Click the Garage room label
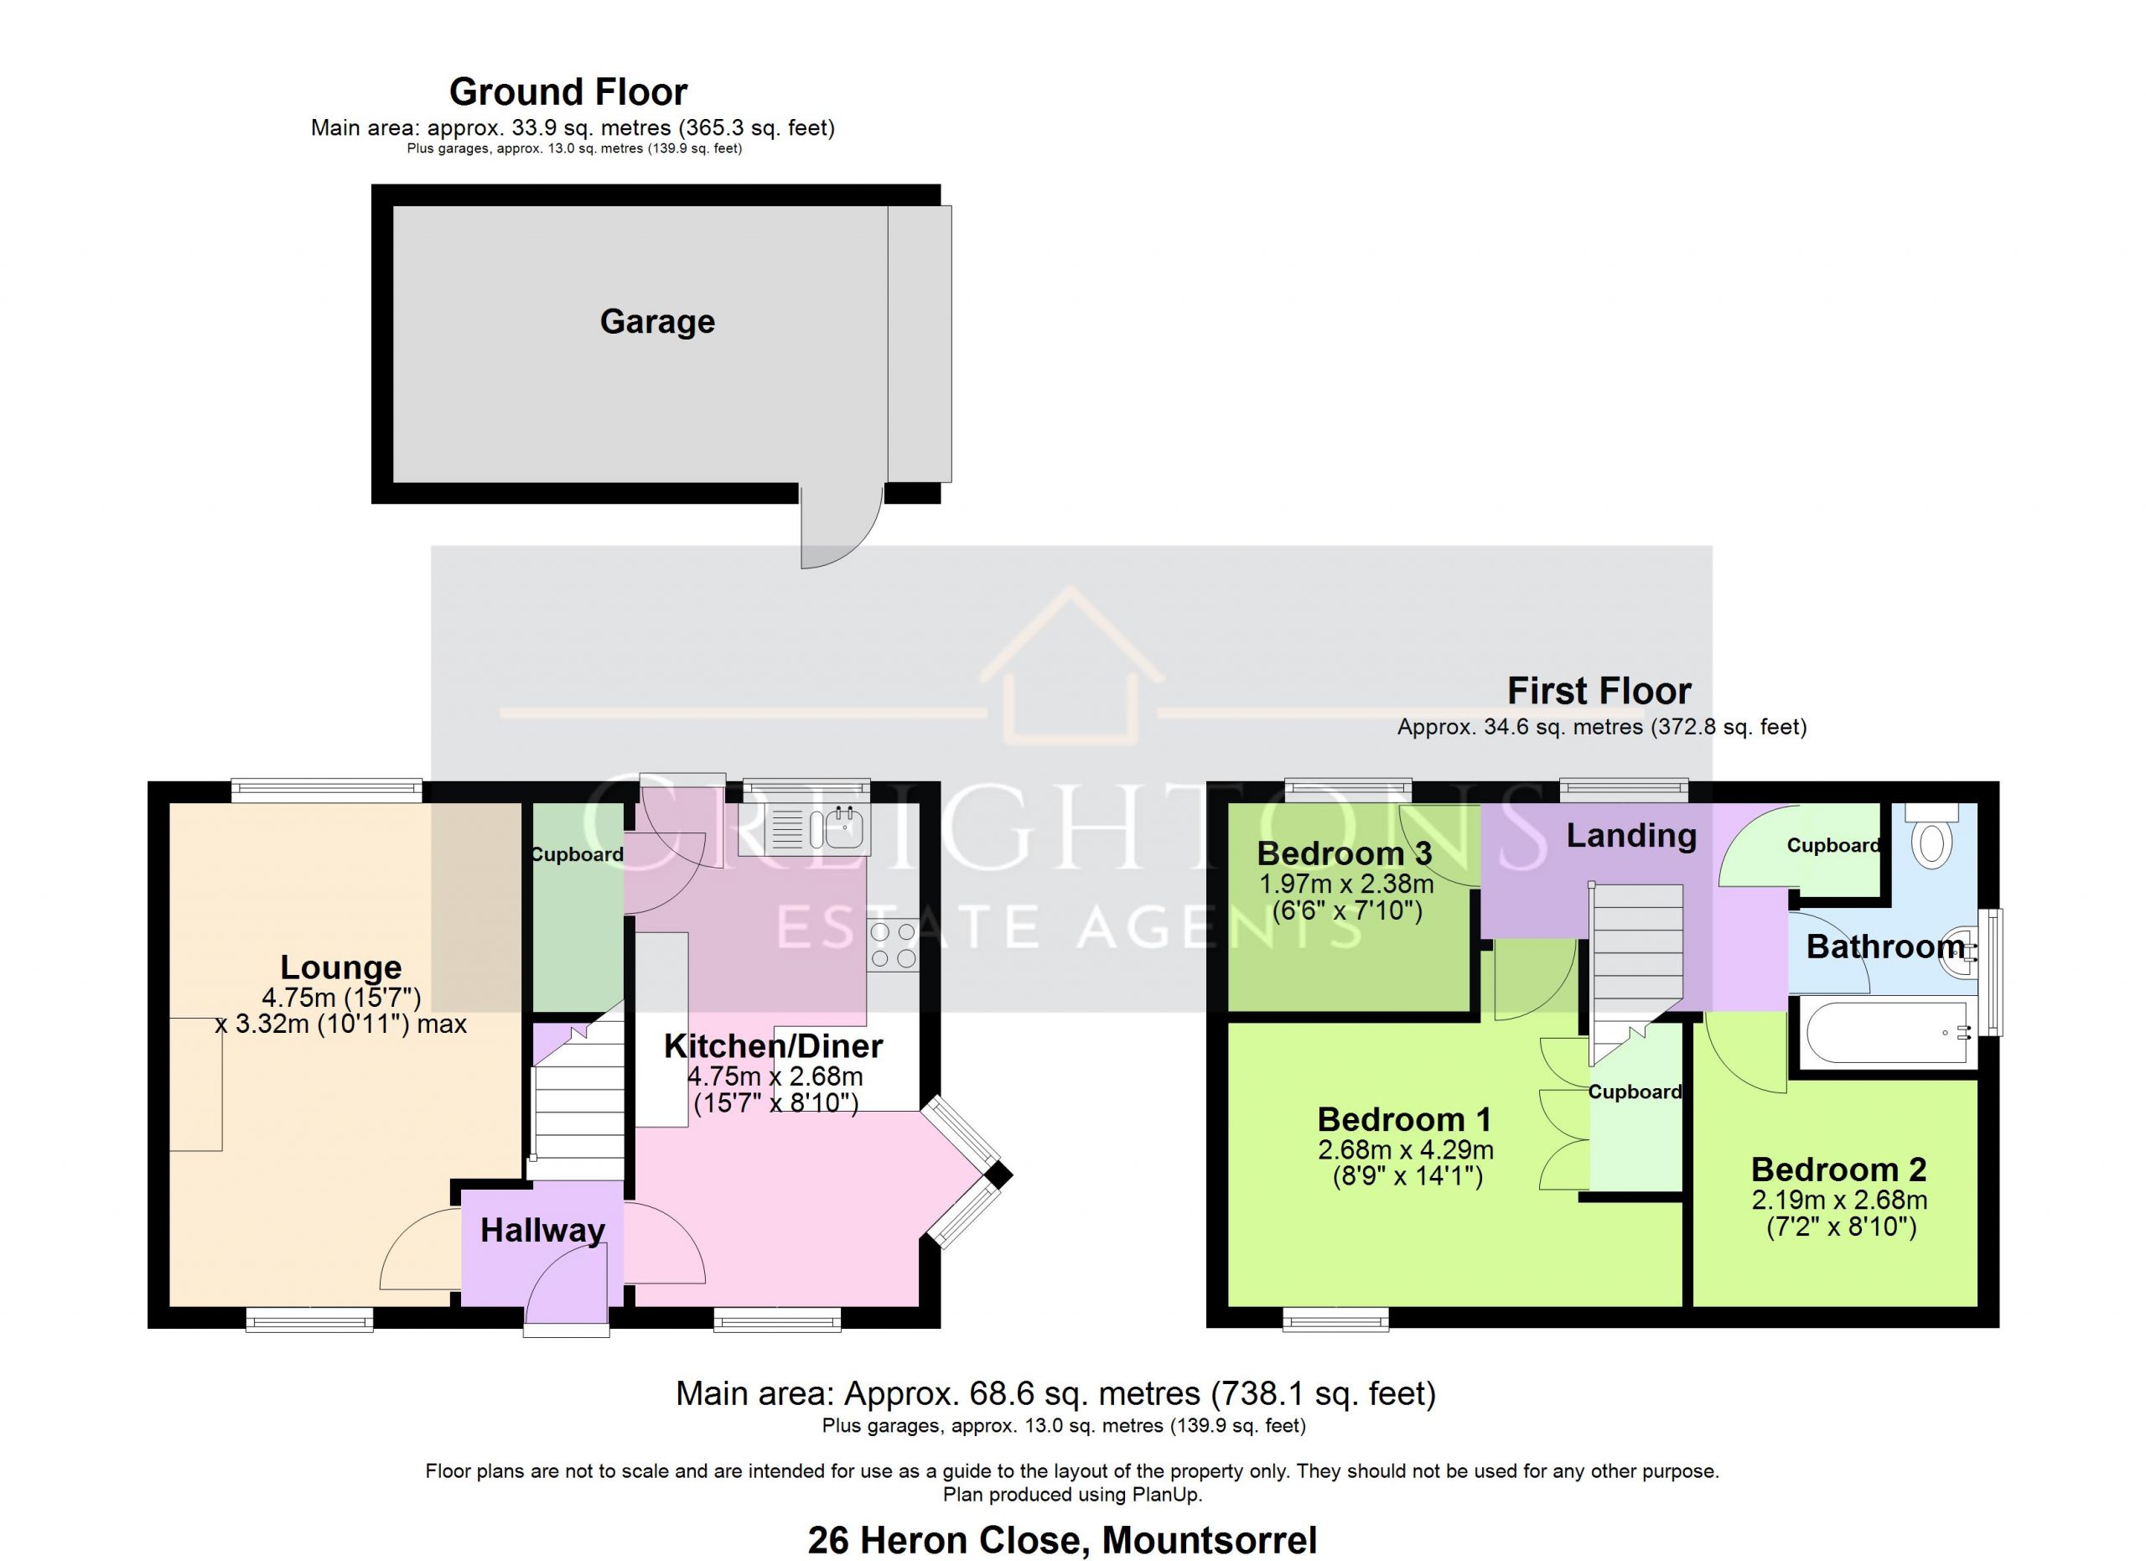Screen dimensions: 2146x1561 click(657, 322)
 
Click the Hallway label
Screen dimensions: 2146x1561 click(542, 1231)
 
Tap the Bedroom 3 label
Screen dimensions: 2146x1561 click(1344, 853)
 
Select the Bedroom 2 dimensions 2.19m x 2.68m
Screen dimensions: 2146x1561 click(1839, 1201)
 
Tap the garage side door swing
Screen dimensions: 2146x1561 click(841, 527)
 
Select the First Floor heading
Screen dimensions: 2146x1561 click(1599, 692)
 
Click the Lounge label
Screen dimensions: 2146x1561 click(340, 967)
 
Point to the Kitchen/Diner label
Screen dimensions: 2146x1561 click(773, 1046)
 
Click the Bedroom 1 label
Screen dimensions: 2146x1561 click(1404, 1120)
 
